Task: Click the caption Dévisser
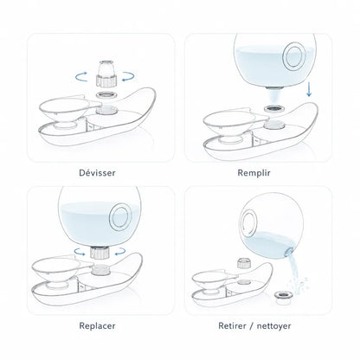tap(97, 173)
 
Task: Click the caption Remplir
tap(254, 173)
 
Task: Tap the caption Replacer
tap(97, 326)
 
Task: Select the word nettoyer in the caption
tap(273, 326)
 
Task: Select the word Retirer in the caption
tap(232, 325)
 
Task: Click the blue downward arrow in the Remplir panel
tap(309, 89)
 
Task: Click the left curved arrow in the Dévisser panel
tap(81, 76)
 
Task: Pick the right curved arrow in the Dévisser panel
tap(128, 77)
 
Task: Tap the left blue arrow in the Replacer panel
tap(80, 253)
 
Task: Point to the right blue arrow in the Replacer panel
tap(120, 252)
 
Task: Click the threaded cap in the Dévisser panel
tap(106, 74)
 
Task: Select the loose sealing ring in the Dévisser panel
tap(106, 95)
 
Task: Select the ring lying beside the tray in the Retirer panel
tap(284, 298)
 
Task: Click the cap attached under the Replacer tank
tap(100, 253)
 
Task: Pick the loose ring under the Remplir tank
tap(274, 108)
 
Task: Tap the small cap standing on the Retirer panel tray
tap(243, 263)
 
